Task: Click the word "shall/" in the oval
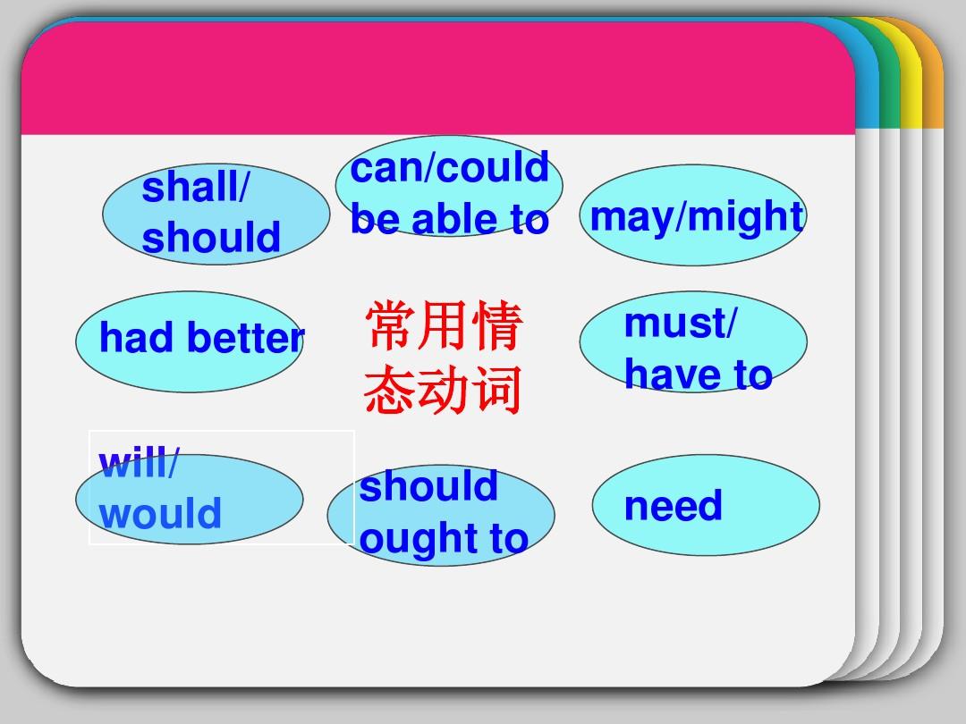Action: coord(197,189)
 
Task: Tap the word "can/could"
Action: coord(449,168)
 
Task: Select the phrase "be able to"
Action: coord(449,220)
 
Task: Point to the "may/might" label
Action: coord(697,217)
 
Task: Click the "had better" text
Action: coord(202,339)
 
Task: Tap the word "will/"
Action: coord(139,464)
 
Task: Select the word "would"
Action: coord(160,514)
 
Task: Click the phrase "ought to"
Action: coord(444,538)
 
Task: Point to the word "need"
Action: coord(673,506)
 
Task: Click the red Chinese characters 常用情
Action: coord(443,327)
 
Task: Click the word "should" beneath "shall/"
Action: coord(211,238)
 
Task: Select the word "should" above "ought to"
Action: coord(428,486)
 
